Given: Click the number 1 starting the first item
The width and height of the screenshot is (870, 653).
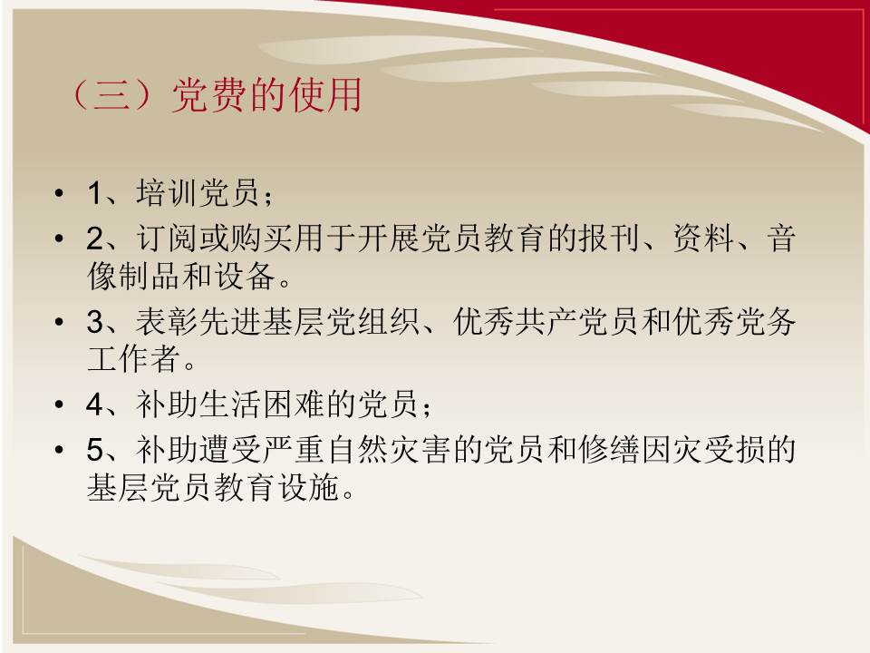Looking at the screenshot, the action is coord(95,193).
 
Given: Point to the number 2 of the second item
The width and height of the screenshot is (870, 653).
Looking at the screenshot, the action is coord(95,238).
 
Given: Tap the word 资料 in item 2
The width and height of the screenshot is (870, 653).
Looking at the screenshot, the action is coord(703,238).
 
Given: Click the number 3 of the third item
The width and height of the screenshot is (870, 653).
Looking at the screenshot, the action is coord(95,322).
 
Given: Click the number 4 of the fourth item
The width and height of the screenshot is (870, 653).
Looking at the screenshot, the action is coord(95,404).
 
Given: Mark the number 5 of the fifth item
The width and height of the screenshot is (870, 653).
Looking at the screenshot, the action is coord(95,449).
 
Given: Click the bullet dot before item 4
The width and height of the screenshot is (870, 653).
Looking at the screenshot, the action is coord(60,404).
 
